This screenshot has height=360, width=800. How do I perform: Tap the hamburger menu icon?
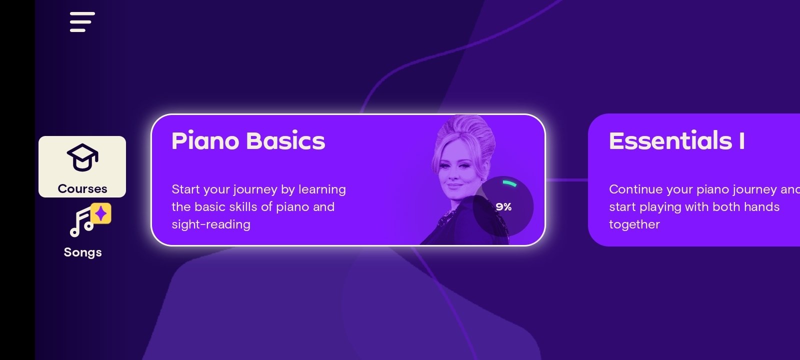(x=82, y=22)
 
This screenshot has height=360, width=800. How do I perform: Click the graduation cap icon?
(x=82, y=157)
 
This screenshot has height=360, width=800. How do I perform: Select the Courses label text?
(x=82, y=188)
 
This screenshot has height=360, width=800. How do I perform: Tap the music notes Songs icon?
(x=82, y=222)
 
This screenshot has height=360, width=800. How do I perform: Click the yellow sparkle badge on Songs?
(x=100, y=213)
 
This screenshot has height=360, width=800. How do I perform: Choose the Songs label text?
(x=83, y=252)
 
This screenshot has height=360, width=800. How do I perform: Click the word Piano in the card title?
(x=205, y=140)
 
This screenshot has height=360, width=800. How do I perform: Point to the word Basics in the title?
(x=285, y=140)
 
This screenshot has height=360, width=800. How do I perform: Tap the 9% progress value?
(x=503, y=207)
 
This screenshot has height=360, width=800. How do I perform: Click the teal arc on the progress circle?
(x=510, y=183)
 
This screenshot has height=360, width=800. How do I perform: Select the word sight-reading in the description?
(x=211, y=224)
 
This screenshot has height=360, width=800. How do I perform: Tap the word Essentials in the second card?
(x=670, y=140)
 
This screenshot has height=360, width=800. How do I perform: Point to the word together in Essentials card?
(x=634, y=224)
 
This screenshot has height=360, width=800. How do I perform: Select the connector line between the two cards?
(x=567, y=180)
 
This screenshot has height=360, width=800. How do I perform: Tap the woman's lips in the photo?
(x=454, y=185)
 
